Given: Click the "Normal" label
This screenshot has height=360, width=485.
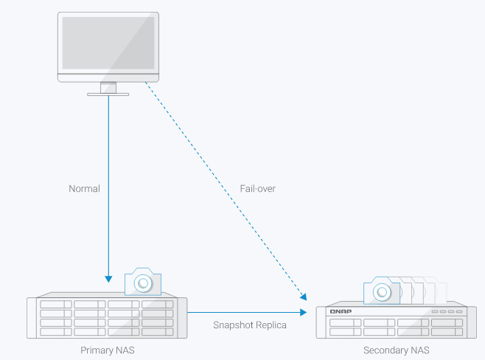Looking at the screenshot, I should point(84,188).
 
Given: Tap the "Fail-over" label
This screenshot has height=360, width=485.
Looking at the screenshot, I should point(257,188).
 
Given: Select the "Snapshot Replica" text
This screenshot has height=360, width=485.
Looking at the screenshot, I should point(250,324).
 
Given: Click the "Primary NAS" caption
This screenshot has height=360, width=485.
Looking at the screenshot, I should point(107,350).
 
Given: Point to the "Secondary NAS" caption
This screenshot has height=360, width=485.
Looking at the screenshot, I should point(396,350).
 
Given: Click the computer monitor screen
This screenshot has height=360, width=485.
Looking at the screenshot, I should point(108,43).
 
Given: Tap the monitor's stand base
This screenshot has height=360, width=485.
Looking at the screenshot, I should point(108,94).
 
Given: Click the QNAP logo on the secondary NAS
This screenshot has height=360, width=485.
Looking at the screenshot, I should point(341,311).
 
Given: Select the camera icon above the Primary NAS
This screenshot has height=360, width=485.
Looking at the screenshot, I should point(142,282).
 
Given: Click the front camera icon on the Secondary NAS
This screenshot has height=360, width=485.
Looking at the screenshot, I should point(382,292).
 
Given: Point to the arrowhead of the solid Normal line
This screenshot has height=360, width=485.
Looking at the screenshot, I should point(108,279).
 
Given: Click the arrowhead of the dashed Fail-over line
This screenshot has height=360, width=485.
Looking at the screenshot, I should point(303,297).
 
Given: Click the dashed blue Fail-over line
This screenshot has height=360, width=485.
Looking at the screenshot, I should point(221,188).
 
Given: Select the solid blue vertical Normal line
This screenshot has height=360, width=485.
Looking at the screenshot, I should point(108,184).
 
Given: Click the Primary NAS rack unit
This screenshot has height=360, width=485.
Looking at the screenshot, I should point(107,318).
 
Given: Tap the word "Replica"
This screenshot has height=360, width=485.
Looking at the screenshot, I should point(271,324).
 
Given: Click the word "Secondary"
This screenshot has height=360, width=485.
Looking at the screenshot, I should point(385,350).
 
